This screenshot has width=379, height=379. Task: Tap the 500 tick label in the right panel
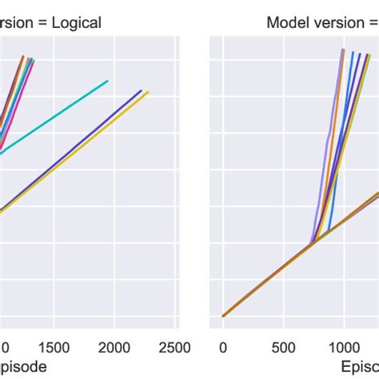pyautogui.click(x=283, y=348)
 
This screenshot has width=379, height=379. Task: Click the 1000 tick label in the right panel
pyautogui.click(x=344, y=348)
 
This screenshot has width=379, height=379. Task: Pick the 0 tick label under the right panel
pyautogui.click(x=223, y=348)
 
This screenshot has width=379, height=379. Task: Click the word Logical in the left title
pyautogui.click(x=77, y=22)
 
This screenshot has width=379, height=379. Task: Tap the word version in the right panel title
pyautogui.click(x=333, y=22)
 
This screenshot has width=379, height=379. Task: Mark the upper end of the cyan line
pyautogui.click(x=108, y=81)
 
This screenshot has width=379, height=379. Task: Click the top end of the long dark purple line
pyautogui.click(x=142, y=90)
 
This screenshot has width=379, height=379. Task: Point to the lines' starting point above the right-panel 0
pyautogui.click(x=223, y=316)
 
